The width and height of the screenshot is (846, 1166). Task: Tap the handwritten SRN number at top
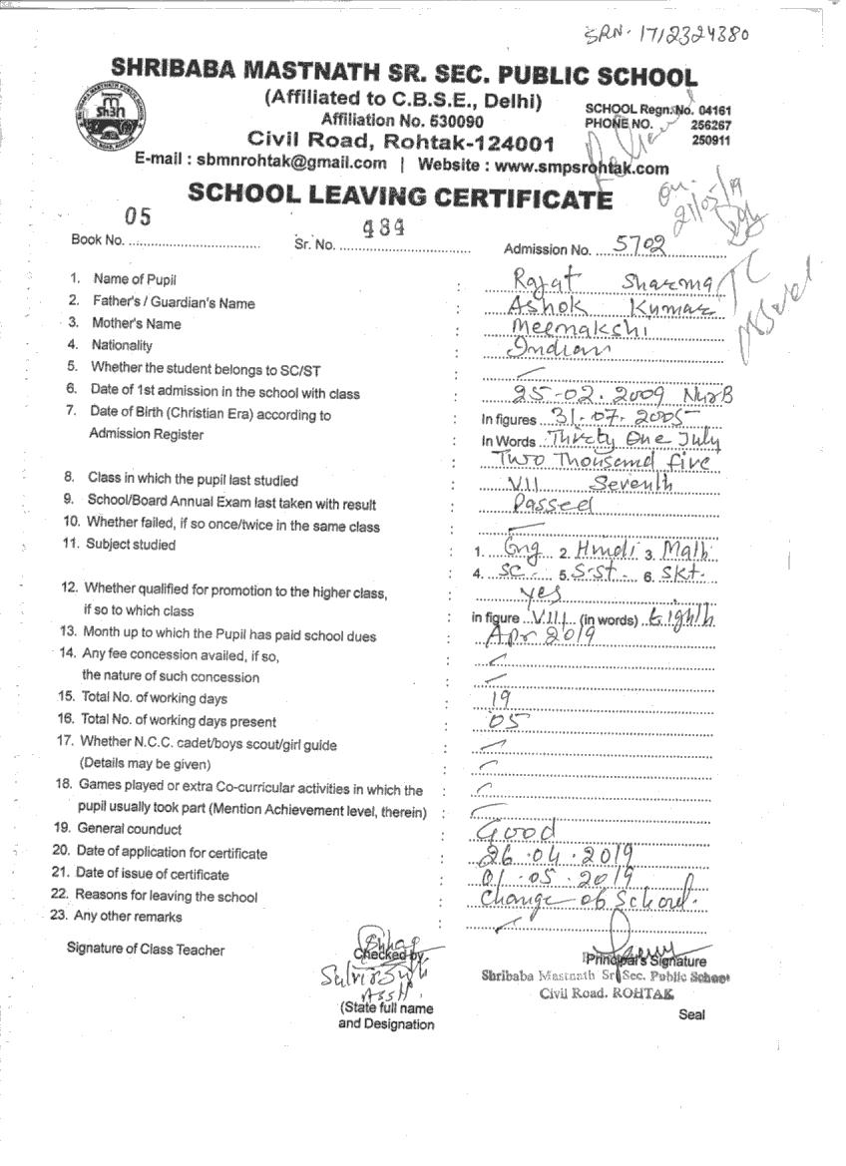click(x=666, y=34)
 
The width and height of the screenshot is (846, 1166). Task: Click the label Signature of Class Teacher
click(x=146, y=949)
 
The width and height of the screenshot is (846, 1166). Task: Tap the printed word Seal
click(x=691, y=1014)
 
